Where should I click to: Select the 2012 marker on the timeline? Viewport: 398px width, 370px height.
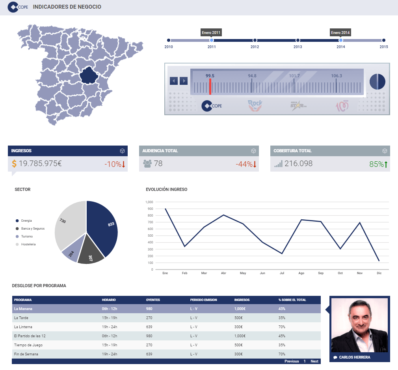(x=255, y=40)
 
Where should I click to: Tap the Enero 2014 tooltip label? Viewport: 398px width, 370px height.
(x=340, y=32)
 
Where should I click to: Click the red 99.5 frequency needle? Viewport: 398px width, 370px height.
(x=210, y=86)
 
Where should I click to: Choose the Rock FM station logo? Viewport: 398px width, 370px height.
(x=255, y=106)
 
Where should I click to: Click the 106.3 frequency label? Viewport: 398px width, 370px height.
(x=337, y=76)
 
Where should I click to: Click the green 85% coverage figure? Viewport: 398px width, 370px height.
(x=376, y=164)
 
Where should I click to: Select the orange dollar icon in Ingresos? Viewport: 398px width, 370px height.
(x=14, y=164)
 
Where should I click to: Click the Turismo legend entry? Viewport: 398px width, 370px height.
(x=27, y=236)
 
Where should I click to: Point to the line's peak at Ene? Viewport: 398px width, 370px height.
(x=165, y=209)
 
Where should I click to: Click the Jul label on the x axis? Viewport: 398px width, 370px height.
(x=282, y=273)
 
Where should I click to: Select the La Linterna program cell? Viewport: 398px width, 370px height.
(x=23, y=327)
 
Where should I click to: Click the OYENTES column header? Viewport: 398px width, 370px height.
(x=153, y=300)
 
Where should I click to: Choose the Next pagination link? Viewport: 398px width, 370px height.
(x=314, y=361)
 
